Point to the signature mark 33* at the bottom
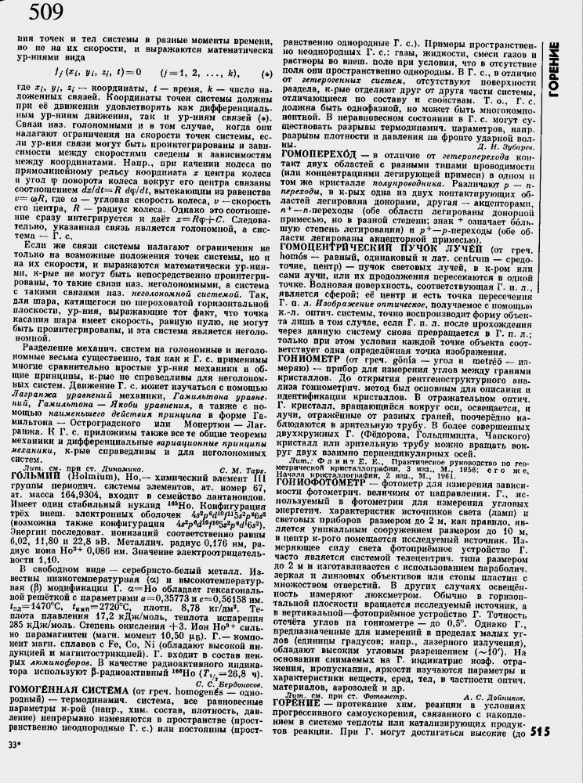click(x=15, y=765)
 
